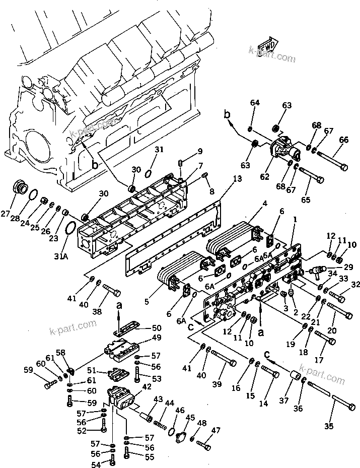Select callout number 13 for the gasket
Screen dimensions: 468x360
[238, 179]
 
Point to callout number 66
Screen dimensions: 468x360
[344, 140]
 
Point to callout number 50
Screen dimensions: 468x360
[157, 328]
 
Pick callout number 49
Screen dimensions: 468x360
[157, 338]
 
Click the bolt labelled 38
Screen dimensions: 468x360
[112, 291]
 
